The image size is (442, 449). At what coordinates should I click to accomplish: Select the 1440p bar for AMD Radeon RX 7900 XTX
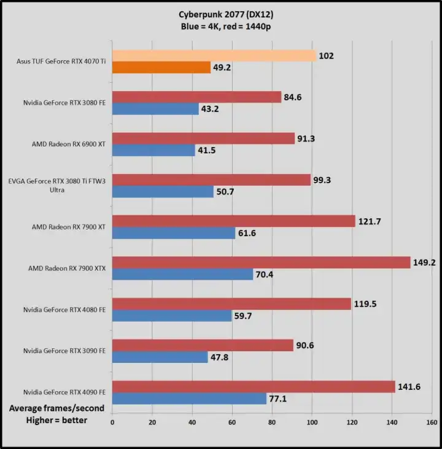[261, 262]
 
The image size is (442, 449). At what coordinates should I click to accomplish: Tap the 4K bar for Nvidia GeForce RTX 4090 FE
[189, 399]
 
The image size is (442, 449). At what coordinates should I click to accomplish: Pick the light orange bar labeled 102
[214, 55]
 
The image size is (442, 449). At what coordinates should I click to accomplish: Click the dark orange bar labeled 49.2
[161, 67]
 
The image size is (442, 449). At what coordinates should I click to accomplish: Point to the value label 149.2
[424, 262]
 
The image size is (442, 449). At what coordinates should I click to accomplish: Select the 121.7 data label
[370, 221]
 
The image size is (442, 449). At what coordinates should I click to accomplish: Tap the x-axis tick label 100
[312, 423]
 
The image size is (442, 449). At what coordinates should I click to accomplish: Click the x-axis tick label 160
[432, 423]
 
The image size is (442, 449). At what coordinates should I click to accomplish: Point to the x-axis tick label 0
[112, 423]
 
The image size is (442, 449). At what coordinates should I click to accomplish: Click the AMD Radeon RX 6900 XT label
[69, 144]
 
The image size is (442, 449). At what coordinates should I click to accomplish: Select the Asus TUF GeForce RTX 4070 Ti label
[61, 62]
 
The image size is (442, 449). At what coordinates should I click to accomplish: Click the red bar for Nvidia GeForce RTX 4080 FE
[231, 303]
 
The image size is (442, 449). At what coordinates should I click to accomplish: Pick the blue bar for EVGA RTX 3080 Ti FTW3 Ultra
[163, 191]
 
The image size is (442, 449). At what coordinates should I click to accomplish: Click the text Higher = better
[56, 420]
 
